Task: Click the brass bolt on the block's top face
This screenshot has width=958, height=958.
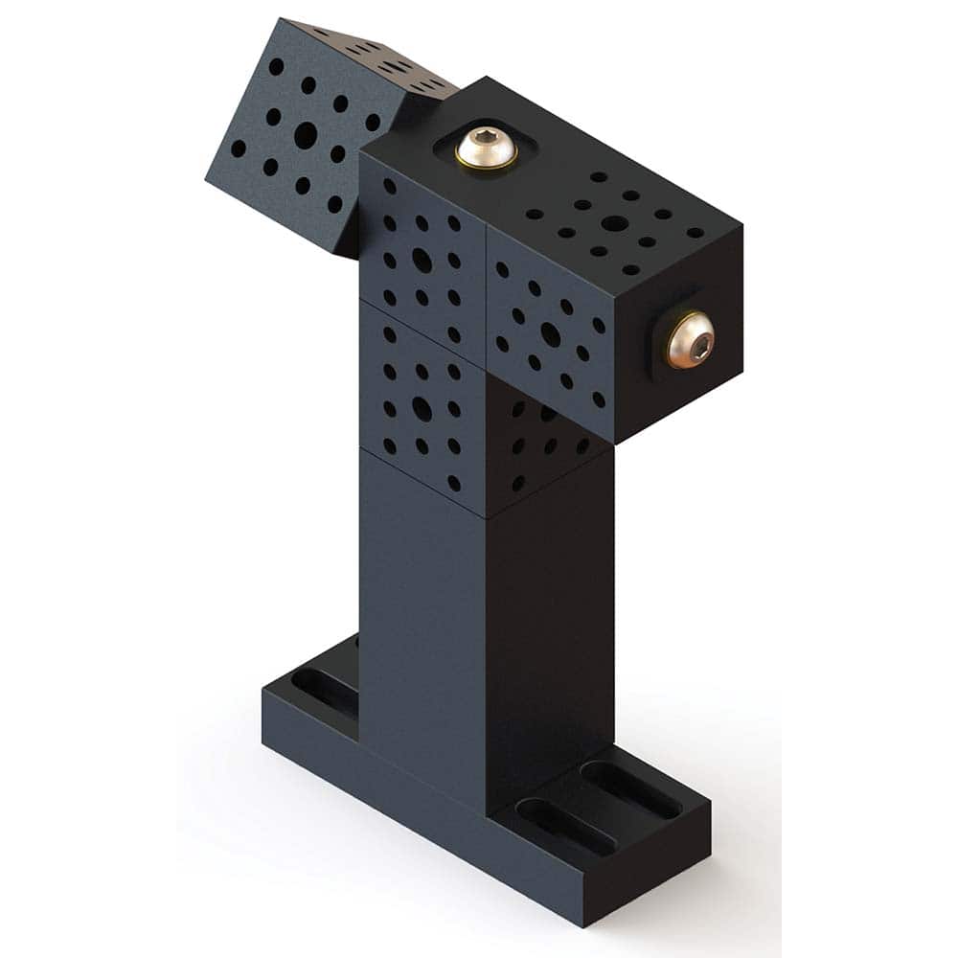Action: [486, 148]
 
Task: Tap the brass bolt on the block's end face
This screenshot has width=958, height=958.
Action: [690, 340]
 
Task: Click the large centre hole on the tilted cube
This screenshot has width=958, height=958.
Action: [305, 134]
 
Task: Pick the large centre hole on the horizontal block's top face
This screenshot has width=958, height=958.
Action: [615, 223]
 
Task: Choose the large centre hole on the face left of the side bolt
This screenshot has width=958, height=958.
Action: [550, 333]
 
